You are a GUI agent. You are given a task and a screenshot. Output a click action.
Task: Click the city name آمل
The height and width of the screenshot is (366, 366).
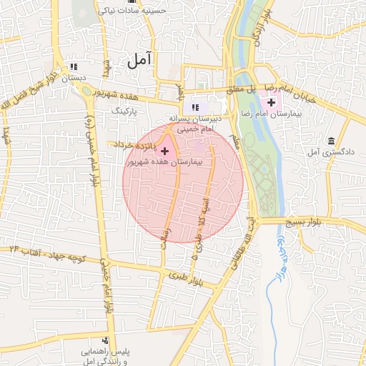click(142, 61)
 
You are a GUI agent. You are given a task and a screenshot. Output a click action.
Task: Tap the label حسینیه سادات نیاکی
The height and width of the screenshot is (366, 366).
click(147, 12)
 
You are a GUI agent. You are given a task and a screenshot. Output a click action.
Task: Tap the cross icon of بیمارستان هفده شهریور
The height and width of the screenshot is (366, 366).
click(166, 151)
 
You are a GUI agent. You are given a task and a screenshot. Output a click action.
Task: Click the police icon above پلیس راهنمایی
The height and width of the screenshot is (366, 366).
click(106, 341)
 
